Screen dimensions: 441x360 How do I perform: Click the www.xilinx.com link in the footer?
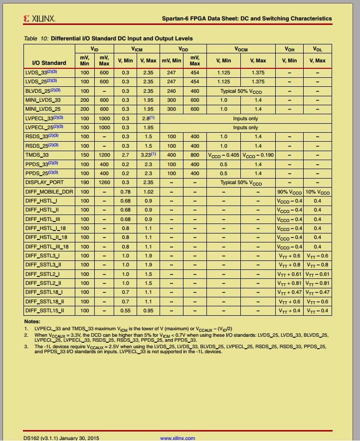[x=177, y=438]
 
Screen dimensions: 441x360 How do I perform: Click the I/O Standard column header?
[x=49, y=63]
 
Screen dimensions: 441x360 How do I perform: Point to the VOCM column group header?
[x=241, y=49]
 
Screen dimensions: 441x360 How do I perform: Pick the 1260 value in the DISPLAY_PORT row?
[x=104, y=183]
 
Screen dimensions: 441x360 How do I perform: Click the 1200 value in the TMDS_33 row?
[x=104, y=155]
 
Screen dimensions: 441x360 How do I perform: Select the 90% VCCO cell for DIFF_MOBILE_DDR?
[x=289, y=192]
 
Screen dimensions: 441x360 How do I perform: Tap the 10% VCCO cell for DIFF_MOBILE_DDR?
[x=318, y=192]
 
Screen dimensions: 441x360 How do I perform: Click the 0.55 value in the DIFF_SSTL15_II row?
[x=125, y=311]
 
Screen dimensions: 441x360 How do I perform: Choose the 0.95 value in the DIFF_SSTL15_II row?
[x=148, y=311]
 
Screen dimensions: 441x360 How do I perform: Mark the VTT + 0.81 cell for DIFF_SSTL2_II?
[x=289, y=283]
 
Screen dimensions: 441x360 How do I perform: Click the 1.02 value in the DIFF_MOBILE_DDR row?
[x=148, y=192]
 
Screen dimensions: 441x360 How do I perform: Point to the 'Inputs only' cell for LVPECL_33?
[x=246, y=119]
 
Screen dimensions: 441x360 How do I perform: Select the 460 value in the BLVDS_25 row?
[x=194, y=91]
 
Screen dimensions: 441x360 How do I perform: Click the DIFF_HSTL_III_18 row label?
[x=47, y=247]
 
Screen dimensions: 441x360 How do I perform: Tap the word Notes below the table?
[x=32, y=321]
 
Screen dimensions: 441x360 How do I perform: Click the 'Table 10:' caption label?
[x=36, y=38]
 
